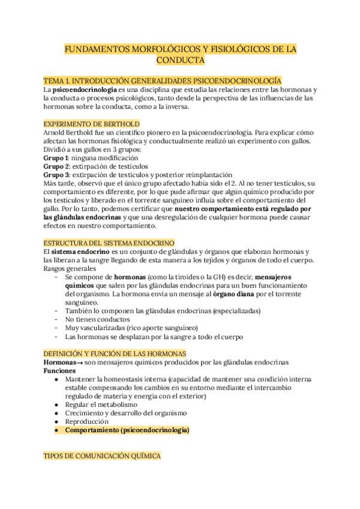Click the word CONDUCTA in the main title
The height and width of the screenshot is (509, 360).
click(180, 61)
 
